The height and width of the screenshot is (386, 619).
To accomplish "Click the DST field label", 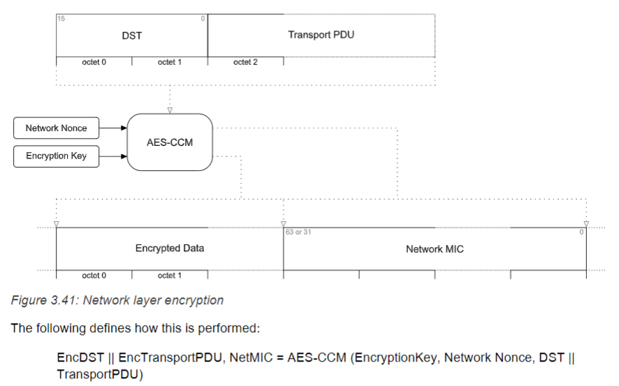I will (x=132, y=35).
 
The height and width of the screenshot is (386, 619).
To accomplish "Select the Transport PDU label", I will (x=321, y=34).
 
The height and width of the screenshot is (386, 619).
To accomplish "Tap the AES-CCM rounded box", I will (x=170, y=142).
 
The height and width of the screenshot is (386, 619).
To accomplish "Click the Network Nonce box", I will (x=56, y=128).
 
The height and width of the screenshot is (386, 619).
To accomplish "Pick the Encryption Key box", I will (x=56, y=156).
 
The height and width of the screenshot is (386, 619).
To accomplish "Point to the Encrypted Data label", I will (x=170, y=248).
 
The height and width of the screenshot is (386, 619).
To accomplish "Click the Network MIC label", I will (x=435, y=248).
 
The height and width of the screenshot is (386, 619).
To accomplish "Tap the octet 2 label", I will (x=245, y=62).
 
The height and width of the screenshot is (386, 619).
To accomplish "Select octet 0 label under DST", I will (x=94, y=62).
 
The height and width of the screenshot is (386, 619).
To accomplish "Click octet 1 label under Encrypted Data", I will (x=170, y=276).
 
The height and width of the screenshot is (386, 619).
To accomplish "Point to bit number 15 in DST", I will (x=61, y=18).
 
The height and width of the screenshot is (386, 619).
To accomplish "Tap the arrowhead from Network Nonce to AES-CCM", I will (x=124, y=128).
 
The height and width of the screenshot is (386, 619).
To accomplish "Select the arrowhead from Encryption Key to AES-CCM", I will (x=124, y=156).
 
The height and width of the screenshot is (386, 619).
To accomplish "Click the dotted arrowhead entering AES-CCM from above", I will (x=170, y=110).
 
